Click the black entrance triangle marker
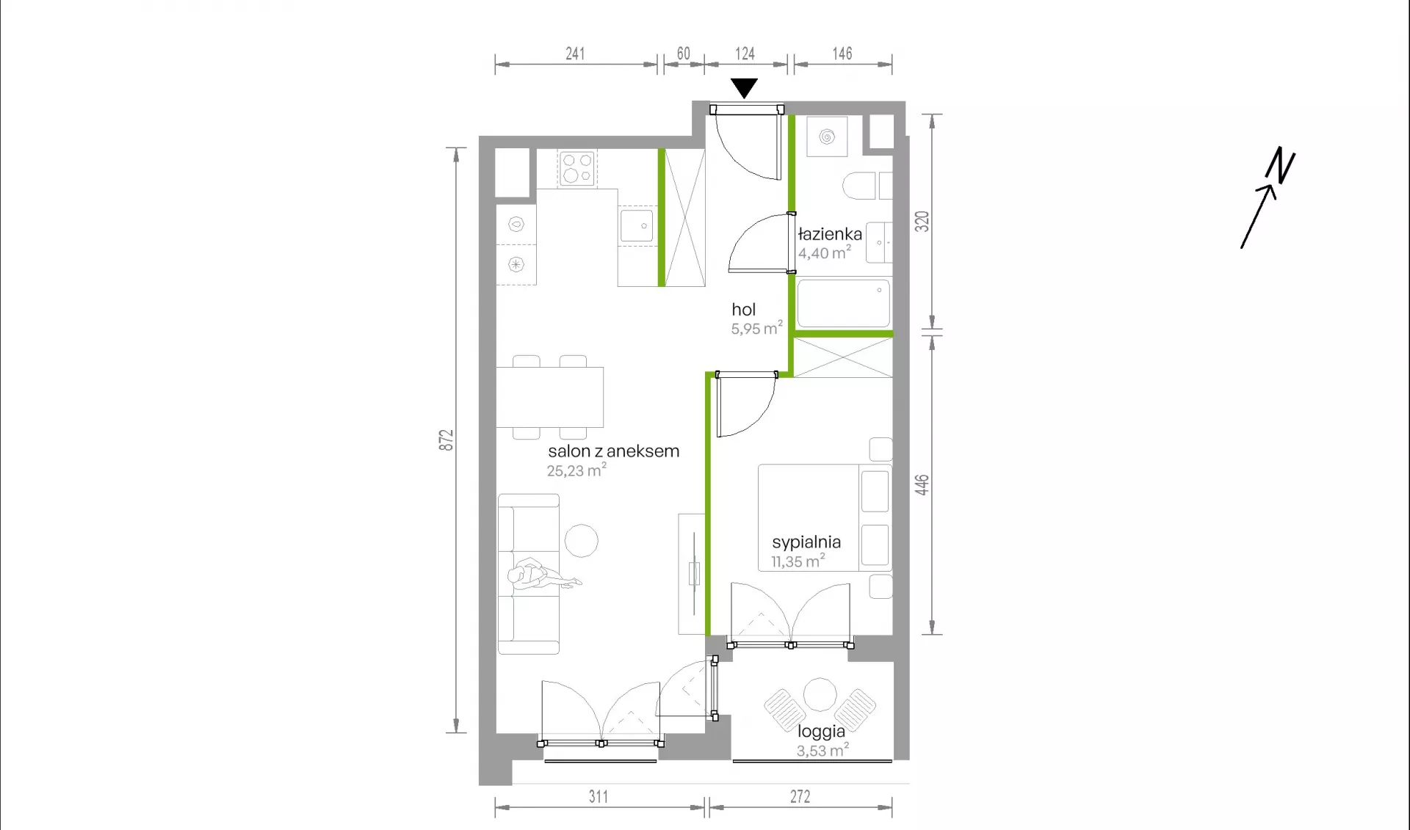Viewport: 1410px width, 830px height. tap(744, 88)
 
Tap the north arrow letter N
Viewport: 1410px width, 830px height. tap(1280, 165)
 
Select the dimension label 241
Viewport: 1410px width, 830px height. tap(575, 54)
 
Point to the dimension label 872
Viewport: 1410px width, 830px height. tap(446, 440)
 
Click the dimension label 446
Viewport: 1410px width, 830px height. tap(922, 484)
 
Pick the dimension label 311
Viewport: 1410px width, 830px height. tap(598, 796)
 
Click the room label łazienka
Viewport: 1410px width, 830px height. tap(830, 234)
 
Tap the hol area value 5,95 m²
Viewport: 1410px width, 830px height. tap(756, 328)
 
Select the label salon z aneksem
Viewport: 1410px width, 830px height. tap(613, 451)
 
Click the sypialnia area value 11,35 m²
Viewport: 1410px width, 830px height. tap(798, 561)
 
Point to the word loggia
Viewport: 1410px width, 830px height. tap(821, 731)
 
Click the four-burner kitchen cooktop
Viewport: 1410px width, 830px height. tap(576, 168)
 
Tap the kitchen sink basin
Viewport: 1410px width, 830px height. tap(637, 226)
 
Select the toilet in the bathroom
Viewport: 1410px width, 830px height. tap(867, 186)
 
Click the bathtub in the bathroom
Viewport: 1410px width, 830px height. tap(844, 303)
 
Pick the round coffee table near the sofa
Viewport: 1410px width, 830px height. tap(582, 542)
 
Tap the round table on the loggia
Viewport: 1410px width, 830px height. tap(820, 695)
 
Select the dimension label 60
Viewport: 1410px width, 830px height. tap(683, 54)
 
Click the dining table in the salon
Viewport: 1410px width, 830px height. tap(550, 397)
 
